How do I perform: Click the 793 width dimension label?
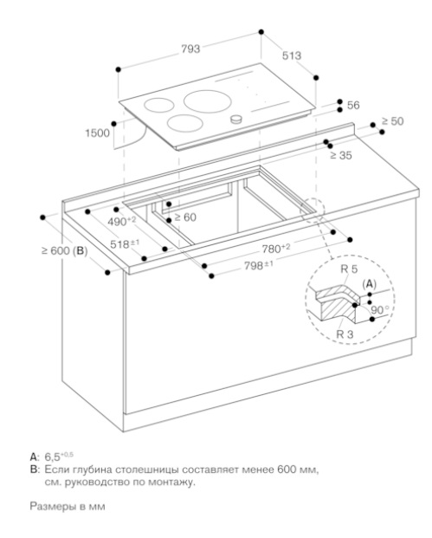[x=190, y=49]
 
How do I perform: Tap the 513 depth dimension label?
[x=292, y=55]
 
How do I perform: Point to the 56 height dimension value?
[x=353, y=106]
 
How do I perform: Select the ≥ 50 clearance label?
[x=393, y=121]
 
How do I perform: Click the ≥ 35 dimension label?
[x=341, y=155]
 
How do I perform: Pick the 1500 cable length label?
[x=97, y=133]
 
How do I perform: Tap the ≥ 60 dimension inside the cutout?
[x=185, y=217]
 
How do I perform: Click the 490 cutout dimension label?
[x=122, y=221]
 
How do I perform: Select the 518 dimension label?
[x=125, y=244]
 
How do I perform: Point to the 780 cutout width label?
[x=276, y=249]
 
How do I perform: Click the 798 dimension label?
[x=259, y=265]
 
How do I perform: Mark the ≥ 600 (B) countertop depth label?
[x=64, y=251]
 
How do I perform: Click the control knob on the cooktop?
[x=235, y=119]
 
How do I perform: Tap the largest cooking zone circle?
[x=207, y=101]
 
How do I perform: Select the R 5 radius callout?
[x=349, y=269]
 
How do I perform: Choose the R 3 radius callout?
[x=345, y=334]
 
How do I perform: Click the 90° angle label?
[x=380, y=310]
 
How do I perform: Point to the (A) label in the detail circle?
[x=370, y=284]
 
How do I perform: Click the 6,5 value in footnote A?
[x=53, y=457]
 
